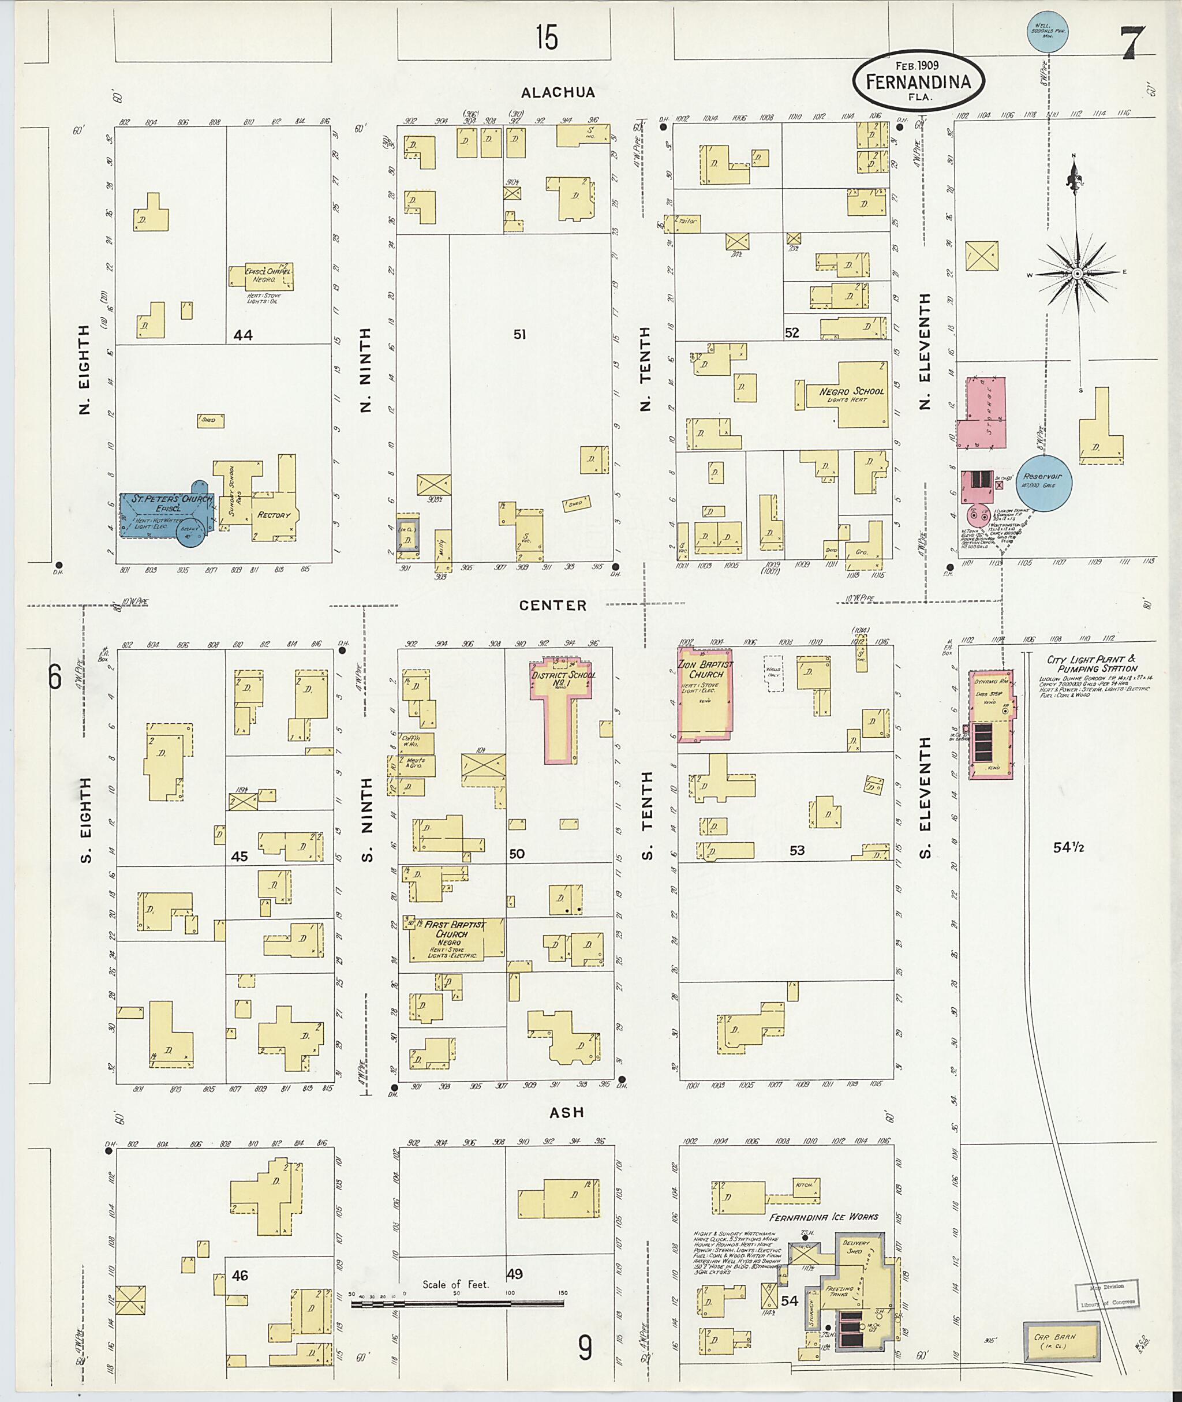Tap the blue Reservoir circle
[1043, 482]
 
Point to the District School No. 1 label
[563, 679]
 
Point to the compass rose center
[1076, 274]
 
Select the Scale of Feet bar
[457, 1304]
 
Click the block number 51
[519, 334]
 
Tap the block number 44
[242, 334]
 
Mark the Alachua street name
[558, 92]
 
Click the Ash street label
[566, 1112]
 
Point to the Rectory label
[274, 515]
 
